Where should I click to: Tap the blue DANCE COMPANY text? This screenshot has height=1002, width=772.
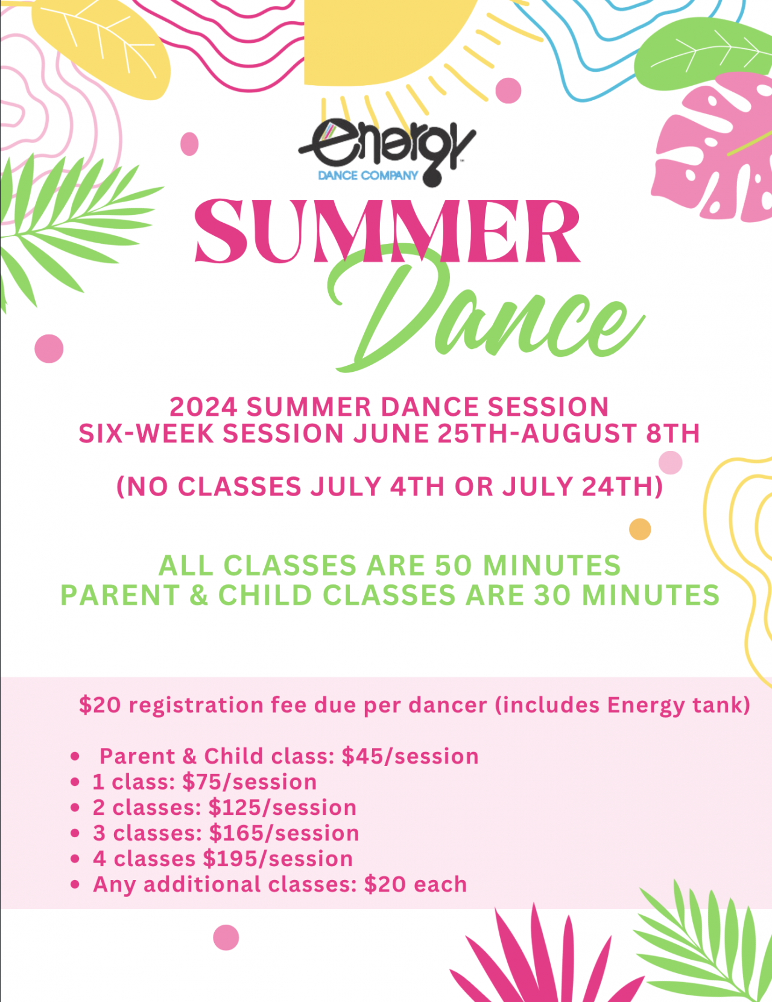pos(368,176)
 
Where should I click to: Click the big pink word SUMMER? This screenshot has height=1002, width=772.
pos(387,232)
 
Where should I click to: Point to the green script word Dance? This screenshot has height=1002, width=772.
pos(482,314)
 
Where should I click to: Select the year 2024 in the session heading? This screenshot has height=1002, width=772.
pos(203,407)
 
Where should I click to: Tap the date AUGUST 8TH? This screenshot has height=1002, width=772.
pos(610,434)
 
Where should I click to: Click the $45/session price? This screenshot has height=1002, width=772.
pos(410,756)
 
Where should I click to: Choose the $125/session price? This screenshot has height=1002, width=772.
pos(282,808)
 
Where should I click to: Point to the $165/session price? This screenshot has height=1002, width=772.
pos(283,834)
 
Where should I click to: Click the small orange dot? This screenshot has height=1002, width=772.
pos(640,529)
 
